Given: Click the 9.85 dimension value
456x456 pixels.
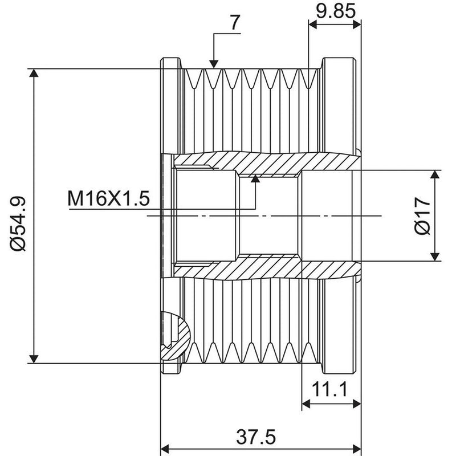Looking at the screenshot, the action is click(336, 11).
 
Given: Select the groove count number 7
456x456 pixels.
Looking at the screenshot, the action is click(235, 23).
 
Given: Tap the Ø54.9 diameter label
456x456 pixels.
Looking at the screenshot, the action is click(18, 223).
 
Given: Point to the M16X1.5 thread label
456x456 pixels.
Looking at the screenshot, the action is click(109, 198).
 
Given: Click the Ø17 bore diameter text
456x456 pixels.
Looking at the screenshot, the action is click(422, 216).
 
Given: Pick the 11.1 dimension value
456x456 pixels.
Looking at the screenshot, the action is click(329, 389).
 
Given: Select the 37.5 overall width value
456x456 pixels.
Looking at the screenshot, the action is click(255, 437).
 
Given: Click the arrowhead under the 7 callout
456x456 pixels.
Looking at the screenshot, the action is click(214, 64).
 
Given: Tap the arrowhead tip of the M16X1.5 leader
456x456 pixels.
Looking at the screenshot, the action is click(255, 176).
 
